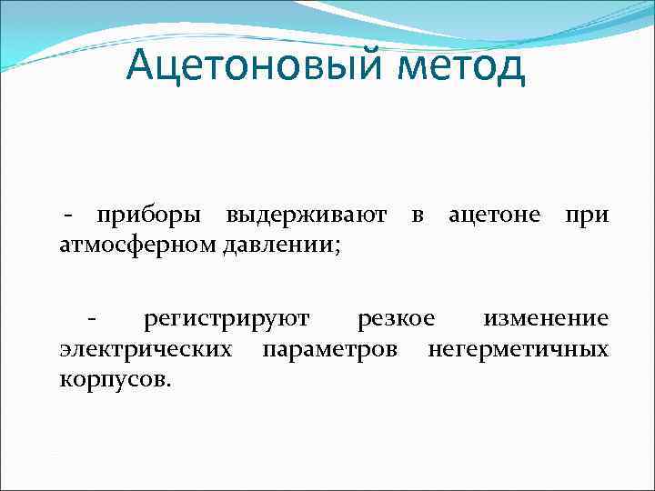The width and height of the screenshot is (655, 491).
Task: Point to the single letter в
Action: [x=417, y=216]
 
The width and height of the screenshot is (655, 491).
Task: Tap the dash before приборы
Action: [x=68, y=216]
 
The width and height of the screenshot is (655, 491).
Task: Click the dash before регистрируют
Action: [x=91, y=319]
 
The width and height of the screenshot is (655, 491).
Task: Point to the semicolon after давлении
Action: [x=338, y=245]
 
